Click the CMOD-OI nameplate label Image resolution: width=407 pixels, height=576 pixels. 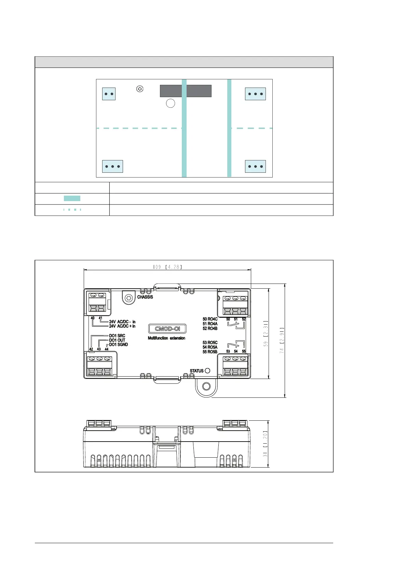[167, 329]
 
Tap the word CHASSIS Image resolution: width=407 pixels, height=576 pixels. [145, 297]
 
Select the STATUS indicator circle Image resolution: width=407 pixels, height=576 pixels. [208, 370]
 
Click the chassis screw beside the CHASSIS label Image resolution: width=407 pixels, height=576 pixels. [128, 298]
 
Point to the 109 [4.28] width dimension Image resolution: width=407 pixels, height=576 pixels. [167, 267]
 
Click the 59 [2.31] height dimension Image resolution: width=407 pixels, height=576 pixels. [266, 333]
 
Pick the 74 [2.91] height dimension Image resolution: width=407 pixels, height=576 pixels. [282, 340]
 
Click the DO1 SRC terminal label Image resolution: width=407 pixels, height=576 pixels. [117, 336]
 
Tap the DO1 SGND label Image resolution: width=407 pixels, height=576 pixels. [119, 344]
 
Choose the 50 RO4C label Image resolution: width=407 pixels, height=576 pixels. [210, 319]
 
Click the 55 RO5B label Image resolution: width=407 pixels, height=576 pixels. [210, 352]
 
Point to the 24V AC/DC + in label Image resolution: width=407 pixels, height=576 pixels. [122, 326]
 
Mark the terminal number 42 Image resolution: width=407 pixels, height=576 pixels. [91, 349]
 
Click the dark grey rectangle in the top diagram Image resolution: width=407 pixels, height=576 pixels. [186, 91]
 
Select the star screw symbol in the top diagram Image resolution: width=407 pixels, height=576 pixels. [140, 89]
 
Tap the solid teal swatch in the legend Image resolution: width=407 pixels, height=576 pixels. [72, 198]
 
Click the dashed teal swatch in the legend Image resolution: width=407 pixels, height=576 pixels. [72, 210]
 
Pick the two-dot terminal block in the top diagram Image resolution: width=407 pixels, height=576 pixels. [109, 94]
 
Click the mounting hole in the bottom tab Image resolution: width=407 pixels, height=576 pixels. [206, 386]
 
